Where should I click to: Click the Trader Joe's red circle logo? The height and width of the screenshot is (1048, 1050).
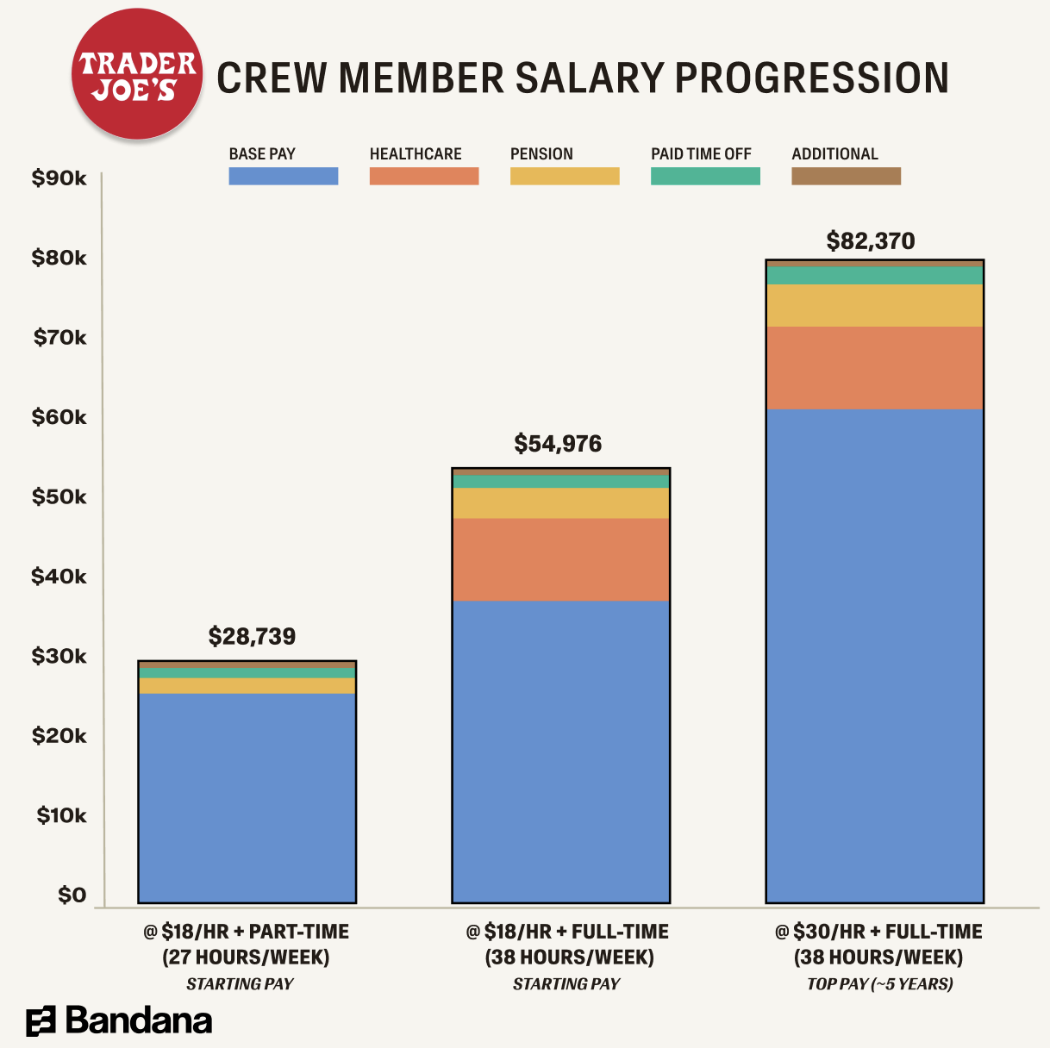click(137, 76)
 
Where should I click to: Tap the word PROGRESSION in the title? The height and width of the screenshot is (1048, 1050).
click(812, 78)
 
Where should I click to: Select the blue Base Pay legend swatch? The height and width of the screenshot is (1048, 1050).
click(283, 176)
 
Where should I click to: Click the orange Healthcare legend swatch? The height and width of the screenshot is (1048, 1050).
click(423, 176)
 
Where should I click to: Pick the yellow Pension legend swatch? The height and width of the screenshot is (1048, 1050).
click(565, 176)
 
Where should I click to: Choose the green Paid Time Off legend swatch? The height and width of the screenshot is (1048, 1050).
click(705, 176)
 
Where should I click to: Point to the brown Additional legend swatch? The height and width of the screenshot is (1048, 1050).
click(846, 176)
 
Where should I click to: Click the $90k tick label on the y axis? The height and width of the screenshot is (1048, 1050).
click(59, 178)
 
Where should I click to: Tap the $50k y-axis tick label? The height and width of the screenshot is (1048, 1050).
click(59, 497)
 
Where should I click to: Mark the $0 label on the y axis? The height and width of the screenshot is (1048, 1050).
click(72, 895)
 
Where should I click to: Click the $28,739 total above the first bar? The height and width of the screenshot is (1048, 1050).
click(252, 637)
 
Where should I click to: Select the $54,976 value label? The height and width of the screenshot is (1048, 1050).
click(558, 444)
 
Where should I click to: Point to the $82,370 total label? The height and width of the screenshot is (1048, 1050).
click(871, 241)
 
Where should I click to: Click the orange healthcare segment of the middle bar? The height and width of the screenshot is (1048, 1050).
click(561, 559)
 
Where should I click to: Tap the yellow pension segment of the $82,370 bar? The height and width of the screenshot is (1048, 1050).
click(875, 305)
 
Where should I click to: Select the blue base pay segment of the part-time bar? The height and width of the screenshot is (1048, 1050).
click(247, 797)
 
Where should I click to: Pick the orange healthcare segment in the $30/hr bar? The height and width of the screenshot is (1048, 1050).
click(875, 368)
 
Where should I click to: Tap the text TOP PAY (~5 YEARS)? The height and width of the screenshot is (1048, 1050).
click(879, 984)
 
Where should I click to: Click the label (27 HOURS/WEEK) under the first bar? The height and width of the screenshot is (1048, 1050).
click(246, 958)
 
